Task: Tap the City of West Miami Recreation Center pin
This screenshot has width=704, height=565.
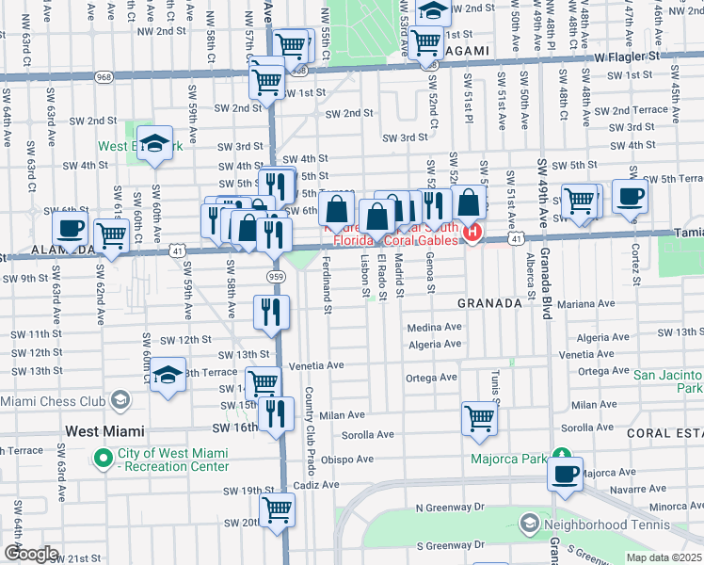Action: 104,459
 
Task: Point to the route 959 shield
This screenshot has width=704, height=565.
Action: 275,276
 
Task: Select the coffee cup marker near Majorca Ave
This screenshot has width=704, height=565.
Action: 565,475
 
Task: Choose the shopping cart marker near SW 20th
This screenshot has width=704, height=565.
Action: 277,509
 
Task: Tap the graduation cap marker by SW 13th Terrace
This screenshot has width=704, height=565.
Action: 168,375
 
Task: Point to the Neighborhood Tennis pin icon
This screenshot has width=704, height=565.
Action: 529,522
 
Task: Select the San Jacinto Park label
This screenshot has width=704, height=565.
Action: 668,381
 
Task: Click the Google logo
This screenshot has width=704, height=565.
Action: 31,554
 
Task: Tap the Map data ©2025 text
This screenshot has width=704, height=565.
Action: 664,557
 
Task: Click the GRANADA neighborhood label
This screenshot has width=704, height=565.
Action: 488,303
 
